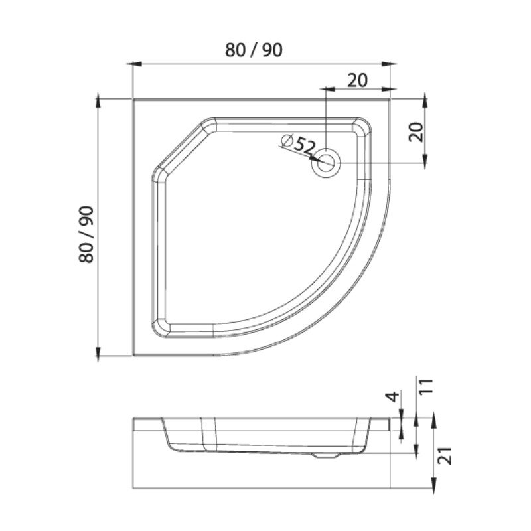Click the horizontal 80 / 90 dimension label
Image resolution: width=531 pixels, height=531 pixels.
[x=254, y=50]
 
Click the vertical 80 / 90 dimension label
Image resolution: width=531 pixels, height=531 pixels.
[x=86, y=234]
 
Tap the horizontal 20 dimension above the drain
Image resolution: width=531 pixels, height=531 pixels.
[x=357, y=80]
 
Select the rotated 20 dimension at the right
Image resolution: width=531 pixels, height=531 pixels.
[x=416, y=132]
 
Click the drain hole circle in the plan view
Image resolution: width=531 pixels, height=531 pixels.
[x=326, y=163]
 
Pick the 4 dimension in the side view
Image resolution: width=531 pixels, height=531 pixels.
[x=392, y=396]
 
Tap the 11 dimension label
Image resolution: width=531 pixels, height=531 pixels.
[x=427, y=386]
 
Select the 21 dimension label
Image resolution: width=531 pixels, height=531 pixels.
[x=446, y=455]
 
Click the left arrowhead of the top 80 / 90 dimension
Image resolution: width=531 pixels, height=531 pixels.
[x=134, y=64]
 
